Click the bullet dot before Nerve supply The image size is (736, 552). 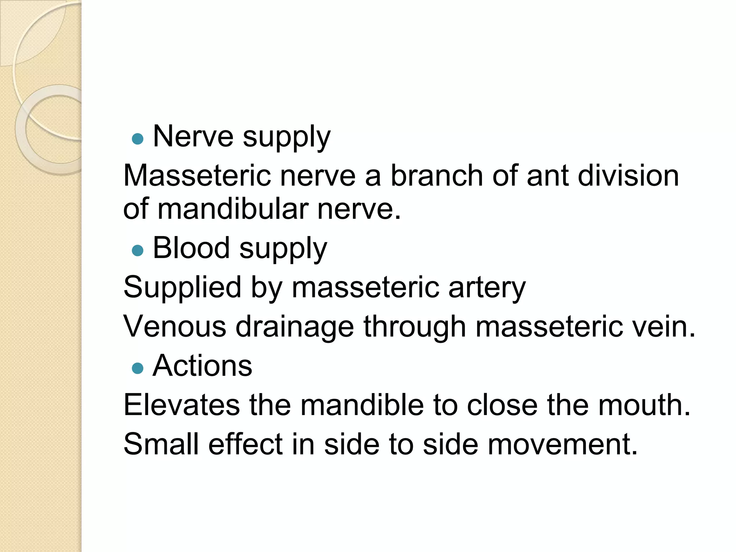(138, 139)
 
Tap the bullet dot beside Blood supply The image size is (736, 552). (138, 250)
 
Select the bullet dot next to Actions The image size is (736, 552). (138, 368)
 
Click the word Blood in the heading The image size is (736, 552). (191, 248)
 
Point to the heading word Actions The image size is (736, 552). (202, 365)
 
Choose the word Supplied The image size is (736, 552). (182, 287)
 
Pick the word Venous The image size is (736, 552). (175, 326)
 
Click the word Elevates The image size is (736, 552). (181, 405)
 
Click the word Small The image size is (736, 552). (161, 444)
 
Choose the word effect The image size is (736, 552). (245, 444)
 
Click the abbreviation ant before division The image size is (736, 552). (547, 176)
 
